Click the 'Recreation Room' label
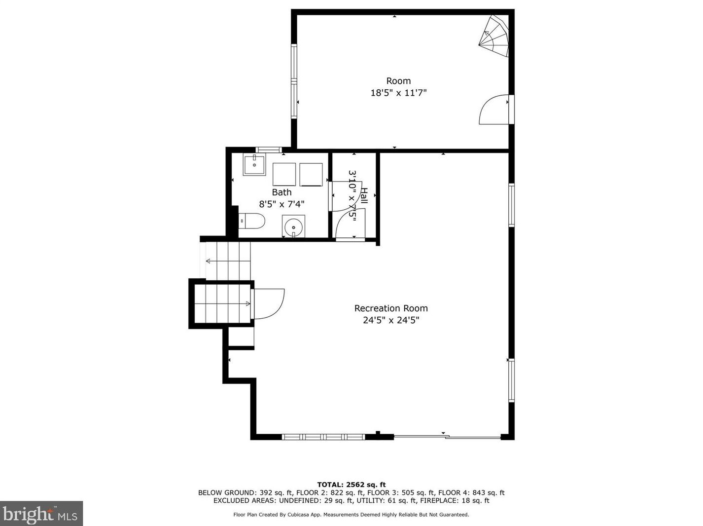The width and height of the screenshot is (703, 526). (x=391, y=308)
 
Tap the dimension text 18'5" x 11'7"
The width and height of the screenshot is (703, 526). (x=398, y=93)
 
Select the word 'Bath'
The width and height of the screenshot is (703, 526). (x=281, y=192)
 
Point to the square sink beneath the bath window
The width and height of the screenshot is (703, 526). (x=254, y=164)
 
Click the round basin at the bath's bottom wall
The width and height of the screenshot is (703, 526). (x=293, y=227)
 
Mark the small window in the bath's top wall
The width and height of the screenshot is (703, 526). (x=269, y=150)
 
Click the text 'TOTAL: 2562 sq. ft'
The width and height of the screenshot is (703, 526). (x=351, y=485)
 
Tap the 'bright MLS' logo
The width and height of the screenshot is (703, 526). (x=41, y=514)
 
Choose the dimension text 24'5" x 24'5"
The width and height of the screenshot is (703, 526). (x=391, y=320)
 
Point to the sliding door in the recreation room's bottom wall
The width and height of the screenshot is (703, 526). (x=447, y=437)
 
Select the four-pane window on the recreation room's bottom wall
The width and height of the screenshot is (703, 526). (x=323, y=437)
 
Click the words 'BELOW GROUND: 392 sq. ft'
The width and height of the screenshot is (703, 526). (x=245, y=492)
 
